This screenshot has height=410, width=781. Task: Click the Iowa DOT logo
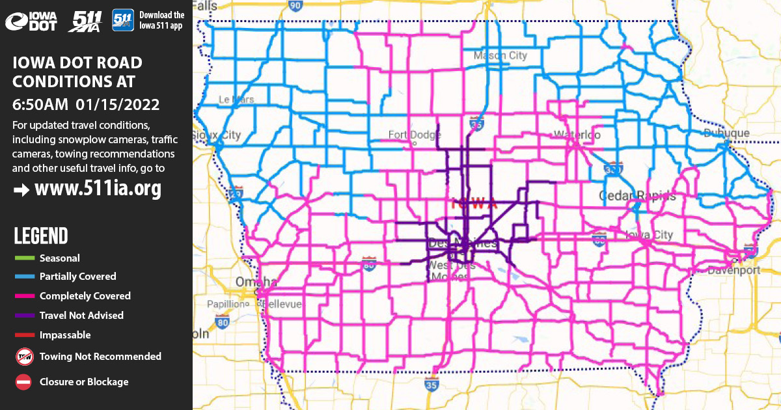tap(31, 21)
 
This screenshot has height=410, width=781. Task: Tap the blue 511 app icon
tap(123, 20)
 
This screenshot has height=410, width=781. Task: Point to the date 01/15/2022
tap(118, 104)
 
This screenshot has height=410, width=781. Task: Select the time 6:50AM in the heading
tap(41, 104)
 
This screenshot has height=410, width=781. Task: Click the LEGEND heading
tap(40, 236)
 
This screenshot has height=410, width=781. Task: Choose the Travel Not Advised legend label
tap(81, 315)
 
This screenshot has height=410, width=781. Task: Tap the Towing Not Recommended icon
tap(23, 357)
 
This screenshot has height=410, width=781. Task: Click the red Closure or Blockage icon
tap(23, 382)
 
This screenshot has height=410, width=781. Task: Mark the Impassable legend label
tap(65, 335)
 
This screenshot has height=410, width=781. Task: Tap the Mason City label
tap(500, 56)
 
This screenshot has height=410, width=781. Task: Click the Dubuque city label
tap(726, 133)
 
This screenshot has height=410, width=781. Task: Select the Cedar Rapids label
tap(637, 196)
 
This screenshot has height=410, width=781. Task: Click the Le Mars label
tap(236, 100)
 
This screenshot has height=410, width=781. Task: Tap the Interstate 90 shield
tap(295, 6)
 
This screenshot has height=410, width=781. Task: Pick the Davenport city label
tap(733, 269)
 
